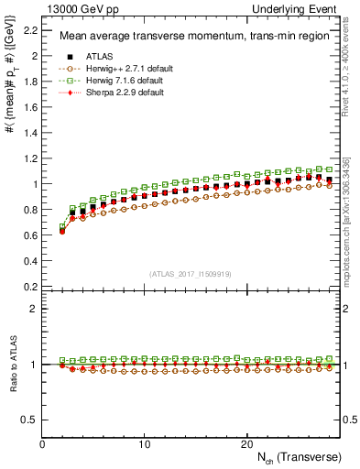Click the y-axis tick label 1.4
[30, 133]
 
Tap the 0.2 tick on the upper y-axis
[30, 286]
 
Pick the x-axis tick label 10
[145, 443]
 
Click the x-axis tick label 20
[246, 443]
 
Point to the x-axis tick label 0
[43, 443]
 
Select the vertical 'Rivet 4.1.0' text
[347, 64]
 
